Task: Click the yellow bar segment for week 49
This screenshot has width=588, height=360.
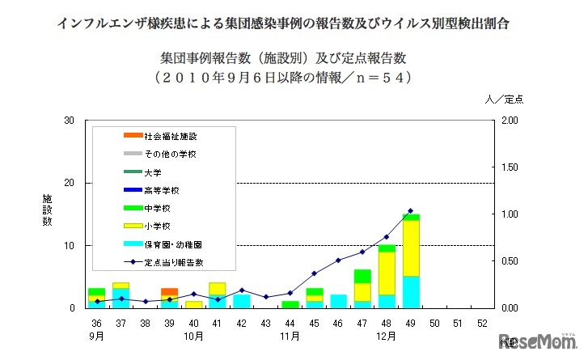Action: pyautogui.click(x=411, y=248)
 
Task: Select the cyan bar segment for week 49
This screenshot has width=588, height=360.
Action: pyautogui.click(x=411, y=292)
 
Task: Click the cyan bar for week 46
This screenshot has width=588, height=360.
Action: pyautogui.click(x=339, y=301)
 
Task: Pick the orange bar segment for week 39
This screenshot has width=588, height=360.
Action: pyautogui.click(x=169, y=292)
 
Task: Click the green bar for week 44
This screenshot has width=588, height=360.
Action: pyautogui.click(x=290, y=304)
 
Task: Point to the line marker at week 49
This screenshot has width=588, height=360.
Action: pyautogui.click(x=411, y=211)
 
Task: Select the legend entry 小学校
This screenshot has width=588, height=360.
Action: pyautogui.click(x=156, y=226)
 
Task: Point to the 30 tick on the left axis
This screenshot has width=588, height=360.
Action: pyautogui.click(x=69, y=121)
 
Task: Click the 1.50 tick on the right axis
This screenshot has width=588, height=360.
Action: pyautogui.click(x=510, y=167)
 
